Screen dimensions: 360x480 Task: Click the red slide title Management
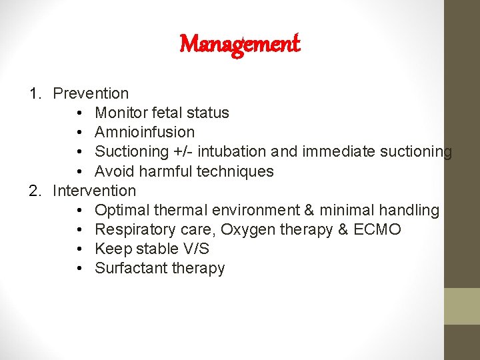click(240, 45)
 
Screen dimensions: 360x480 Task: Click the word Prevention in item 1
click(91, 93)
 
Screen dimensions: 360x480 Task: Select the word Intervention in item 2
click(94, 191)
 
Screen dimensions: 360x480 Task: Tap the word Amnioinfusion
click(145, 132)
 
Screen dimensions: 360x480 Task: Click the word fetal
click(168, 113)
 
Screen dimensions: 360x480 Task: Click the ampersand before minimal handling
click(309, 211)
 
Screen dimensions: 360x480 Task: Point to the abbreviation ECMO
click(378, 230)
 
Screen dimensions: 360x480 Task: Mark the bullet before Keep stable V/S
click(79, 249)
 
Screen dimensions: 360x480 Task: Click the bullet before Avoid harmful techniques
click(79, 171)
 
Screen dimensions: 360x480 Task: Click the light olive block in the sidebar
click(462, 306)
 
